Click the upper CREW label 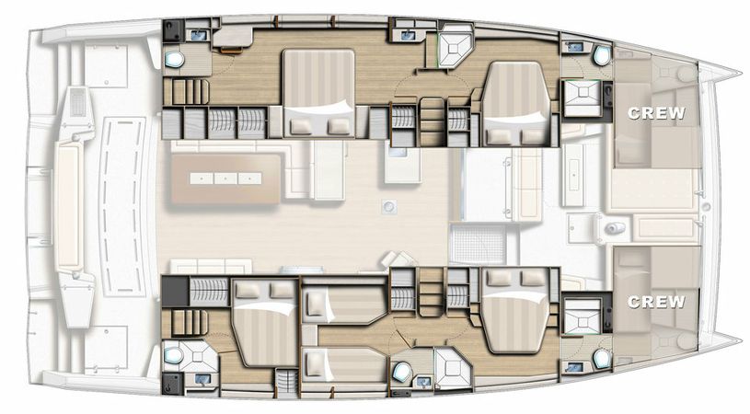[x=657, y=113]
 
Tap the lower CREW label [x=657, y=301]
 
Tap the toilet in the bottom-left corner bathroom [x=174, y=353]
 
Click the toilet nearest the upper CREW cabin [x=601, y=55]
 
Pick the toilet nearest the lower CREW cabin [x=601, y=357]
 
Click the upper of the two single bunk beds [x=344, y=302]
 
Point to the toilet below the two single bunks [x=402, y=373]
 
